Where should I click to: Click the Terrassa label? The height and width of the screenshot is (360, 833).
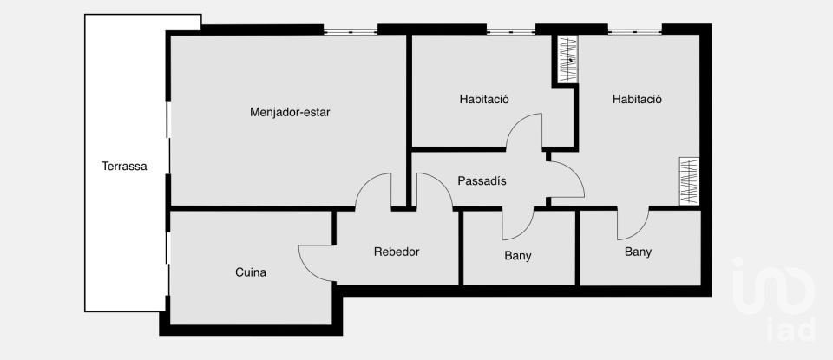pos(124,167)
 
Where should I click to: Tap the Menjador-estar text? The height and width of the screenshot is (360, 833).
pos(290,112)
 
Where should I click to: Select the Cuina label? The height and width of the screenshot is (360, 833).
pos(251,272)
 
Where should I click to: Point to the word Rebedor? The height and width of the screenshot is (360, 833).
pos(397,252)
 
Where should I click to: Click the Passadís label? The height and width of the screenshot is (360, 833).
pos(482,181)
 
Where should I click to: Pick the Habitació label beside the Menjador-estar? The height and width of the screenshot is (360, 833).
pos(484,99)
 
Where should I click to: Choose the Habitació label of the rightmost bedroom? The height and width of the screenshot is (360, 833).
pos(637,99)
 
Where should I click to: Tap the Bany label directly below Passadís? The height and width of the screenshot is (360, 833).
pos(518,256)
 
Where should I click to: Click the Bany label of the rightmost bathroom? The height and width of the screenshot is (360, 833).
pos(638,252)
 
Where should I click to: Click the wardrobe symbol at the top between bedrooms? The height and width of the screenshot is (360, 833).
pos(566,60)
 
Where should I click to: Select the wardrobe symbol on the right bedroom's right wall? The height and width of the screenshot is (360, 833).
pos(689,180)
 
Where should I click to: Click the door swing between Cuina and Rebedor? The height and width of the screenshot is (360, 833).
pos(317,259)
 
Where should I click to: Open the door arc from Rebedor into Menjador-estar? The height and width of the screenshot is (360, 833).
pos(374,190)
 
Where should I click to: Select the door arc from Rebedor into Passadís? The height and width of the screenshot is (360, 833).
pos(434,191)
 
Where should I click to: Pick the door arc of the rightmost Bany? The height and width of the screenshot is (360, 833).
pos(633,224)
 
